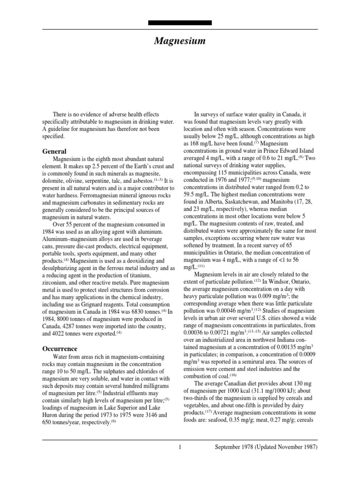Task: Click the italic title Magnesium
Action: pyautogui.click(x=180, y=41)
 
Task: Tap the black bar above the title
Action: pyautogui.click(x=180, y=22)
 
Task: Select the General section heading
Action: pyautogui.click(x=55, y=151)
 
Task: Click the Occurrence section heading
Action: pyautogui.click(x=60, y=349)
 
